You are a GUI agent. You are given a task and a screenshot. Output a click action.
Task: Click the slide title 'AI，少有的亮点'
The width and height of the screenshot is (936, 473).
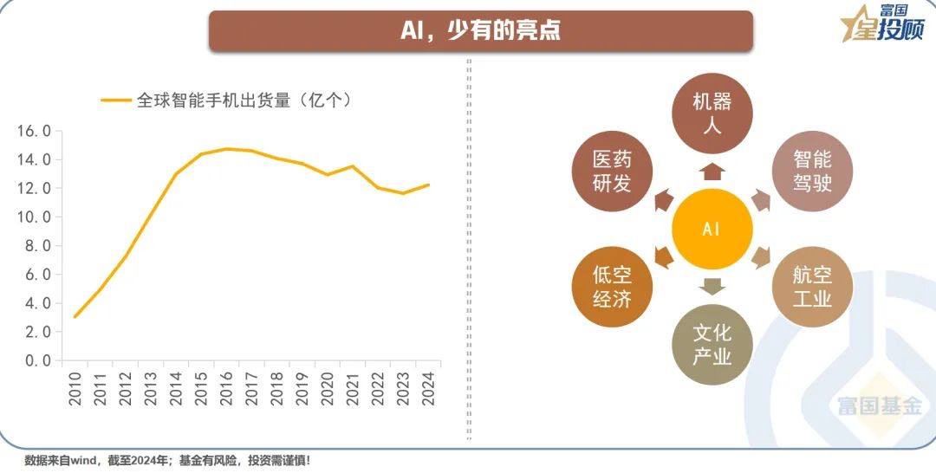click(480, 30)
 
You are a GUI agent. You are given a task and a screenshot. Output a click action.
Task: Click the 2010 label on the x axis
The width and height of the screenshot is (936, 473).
click(75, 387)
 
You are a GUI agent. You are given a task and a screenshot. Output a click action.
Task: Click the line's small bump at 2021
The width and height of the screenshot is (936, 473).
click(353, 166)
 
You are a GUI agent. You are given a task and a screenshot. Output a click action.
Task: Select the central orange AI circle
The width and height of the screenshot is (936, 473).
click(712, 230)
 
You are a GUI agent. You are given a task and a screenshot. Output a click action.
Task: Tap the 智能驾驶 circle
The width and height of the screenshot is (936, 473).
click(811, 171)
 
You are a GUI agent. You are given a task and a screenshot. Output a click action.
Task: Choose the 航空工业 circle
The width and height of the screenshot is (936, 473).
click(811, 287)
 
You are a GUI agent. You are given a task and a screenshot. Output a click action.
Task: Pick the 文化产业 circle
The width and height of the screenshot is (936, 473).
click(712, 345)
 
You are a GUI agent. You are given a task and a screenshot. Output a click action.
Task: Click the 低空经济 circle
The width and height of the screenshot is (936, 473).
click(612, 287)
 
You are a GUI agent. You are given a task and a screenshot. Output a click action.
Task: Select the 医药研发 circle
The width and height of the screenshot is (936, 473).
click(612, 171)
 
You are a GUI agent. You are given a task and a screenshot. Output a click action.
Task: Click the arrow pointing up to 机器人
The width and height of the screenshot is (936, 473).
click(712, 170)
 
